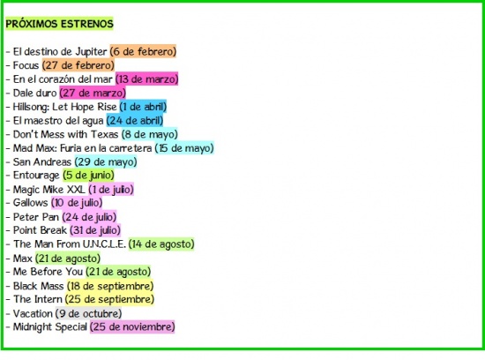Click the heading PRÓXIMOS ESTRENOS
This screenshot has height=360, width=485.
(59, 24)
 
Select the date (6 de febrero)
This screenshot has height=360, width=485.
(143, 51)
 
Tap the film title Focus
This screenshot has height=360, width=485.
(26, 65)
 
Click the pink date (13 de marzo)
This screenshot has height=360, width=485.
(147, 79)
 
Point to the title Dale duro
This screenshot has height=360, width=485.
(34, 93)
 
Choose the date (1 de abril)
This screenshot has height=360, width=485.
(143, 107)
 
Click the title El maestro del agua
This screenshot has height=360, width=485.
(58, 121)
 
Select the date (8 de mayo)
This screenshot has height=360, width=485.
(150, 134)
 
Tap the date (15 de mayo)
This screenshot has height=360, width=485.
(184, 148)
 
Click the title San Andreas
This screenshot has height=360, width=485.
(42, 161)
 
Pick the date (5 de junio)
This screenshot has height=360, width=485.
(88, 176)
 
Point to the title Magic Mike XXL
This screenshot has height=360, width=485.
(48, 190)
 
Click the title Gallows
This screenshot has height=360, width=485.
(30, 203)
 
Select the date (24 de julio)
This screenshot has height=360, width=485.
(89, 217)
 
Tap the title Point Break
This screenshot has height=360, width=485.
(40, 230)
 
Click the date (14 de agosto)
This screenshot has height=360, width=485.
(161, 244)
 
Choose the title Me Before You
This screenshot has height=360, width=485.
(48, 272)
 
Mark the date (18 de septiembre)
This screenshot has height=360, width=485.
(110, 286)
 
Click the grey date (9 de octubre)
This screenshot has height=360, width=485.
(89, 313)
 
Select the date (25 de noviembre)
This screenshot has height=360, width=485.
(132, 326)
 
